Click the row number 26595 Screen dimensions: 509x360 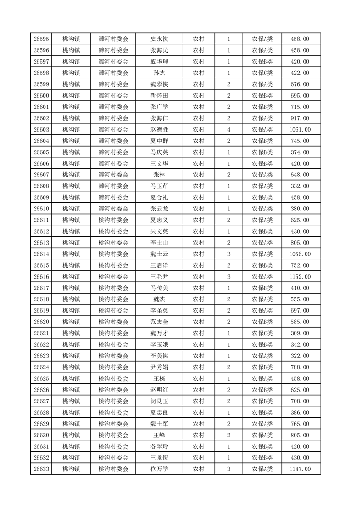click(x=41, y=39)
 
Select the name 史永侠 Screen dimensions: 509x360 click(x=159, y=39)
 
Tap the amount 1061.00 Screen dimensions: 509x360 click(x=300, y=130)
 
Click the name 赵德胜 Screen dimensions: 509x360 click(x=159, y=130)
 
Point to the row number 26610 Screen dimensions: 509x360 click(x=41, y=209)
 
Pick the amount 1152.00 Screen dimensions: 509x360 click(x=300, y=277)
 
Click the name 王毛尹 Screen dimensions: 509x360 click(x=159, y=277)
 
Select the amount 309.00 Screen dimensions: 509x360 click(x=300, y=333)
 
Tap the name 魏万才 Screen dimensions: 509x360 click(x=159, y=333)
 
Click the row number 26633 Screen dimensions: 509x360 click(x=41, y=469)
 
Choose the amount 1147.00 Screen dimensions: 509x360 click(x=300, y=469)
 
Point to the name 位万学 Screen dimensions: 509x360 click(x=159, y=469)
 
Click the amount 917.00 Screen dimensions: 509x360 click(x=300, y=118)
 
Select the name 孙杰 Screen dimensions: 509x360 click(x=159, y=73)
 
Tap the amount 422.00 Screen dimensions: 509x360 click(x=300, y=73)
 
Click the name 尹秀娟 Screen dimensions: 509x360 click(x=159, y=367)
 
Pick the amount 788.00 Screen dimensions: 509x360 click(x=300, y=367)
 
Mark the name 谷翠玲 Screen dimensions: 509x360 click(x=159, y=446)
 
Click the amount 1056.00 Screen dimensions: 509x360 click(x=300, y=254)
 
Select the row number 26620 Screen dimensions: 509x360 click(x=41, y=322)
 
